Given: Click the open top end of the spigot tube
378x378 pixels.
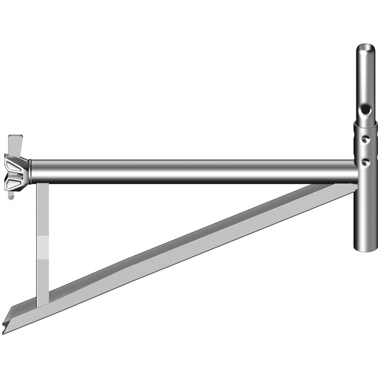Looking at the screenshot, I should click(x=366, y=50).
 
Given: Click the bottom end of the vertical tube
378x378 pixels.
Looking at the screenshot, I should click(x=366, y=249).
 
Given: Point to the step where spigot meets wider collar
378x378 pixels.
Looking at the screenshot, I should click(x=366, y=123).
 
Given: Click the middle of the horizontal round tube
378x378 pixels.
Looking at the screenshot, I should click(x=194, y=171).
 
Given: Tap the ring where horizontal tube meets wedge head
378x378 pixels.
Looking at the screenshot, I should click(x=30, y=171).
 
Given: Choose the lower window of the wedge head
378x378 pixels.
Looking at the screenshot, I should click(x=15, y=180).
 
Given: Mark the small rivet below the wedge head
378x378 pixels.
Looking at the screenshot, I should click(x=11, y=197).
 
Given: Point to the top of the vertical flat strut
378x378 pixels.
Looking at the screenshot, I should click(x=43, y=186).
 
